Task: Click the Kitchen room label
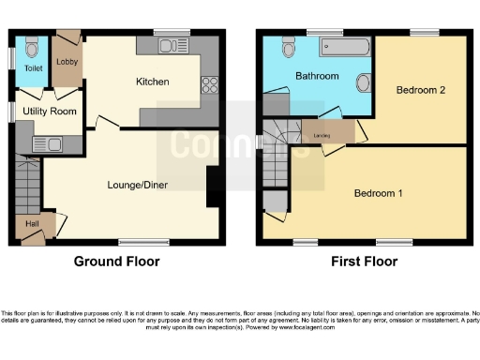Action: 152,82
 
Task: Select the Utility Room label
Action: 50,112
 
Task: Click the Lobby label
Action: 67,62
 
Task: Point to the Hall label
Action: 32,223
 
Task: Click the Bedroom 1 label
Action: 378,194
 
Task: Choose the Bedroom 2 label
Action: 419,90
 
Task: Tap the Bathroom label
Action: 317,75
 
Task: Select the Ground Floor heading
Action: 116,262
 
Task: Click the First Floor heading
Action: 361,262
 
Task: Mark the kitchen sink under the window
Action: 170,45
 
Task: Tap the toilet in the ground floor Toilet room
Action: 32,47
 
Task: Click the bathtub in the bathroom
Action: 344,45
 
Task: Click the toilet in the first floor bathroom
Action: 287,47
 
